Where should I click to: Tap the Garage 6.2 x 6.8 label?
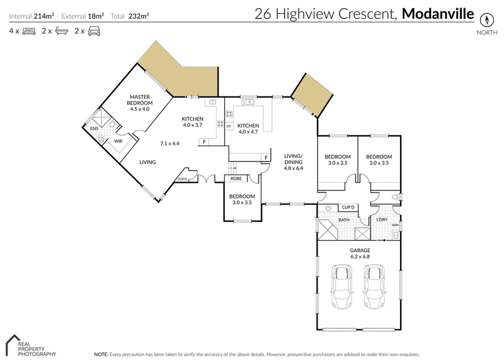coord(359,253)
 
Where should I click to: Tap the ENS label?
coord(94,129)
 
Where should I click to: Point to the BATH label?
coord(344,220)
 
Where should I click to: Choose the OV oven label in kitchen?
coord(229,126)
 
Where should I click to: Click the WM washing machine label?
coord(395,225)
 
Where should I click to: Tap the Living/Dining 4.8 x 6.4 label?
coord(294,162)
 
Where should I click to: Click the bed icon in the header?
coord(28,30)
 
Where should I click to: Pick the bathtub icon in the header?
coord(61,30)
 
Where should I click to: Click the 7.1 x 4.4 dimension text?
coord(169,143)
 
